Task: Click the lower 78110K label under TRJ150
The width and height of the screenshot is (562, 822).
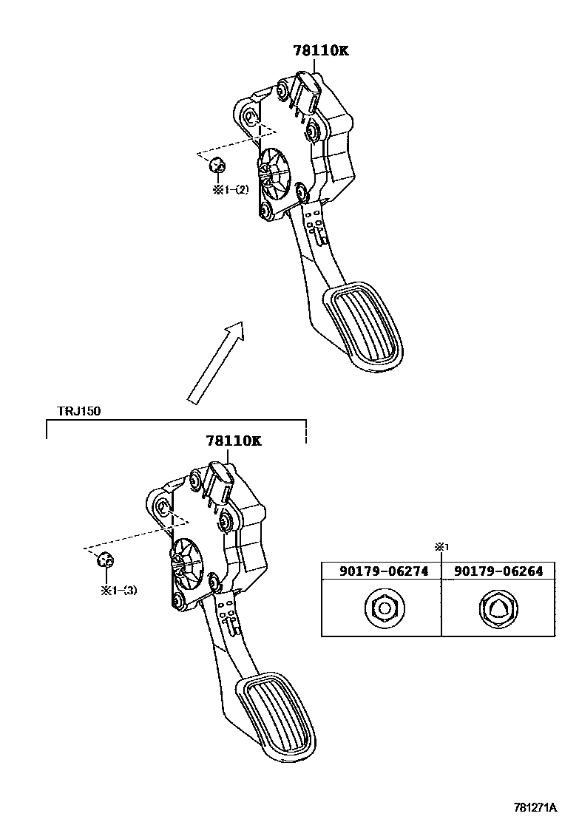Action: tap(234, 441)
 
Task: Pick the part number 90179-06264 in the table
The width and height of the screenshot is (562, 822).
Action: tap(498, 571)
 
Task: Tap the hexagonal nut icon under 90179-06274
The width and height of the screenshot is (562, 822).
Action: tap(382, 608)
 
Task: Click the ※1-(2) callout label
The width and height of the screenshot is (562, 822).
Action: tap(231, 189)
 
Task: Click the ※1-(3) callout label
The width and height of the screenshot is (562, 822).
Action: tap(120, 589)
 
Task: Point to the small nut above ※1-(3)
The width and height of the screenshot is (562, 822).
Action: tap(105, 560)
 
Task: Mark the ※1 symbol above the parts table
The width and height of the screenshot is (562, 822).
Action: tap(441, 546)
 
